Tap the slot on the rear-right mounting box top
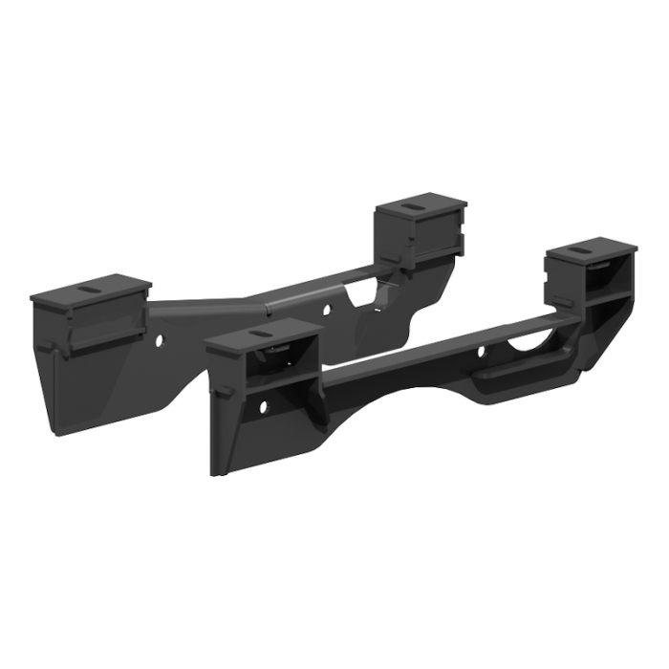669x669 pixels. tap(418, 207)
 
